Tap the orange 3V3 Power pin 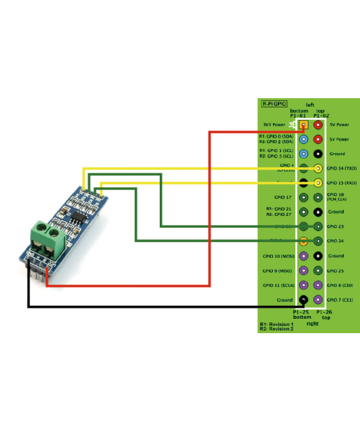303,124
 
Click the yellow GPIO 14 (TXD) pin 318,168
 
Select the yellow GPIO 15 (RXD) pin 318,183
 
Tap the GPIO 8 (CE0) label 340,285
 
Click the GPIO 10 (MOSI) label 278,256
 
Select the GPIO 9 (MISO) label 278,270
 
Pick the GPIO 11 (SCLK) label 278,285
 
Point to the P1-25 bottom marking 301,315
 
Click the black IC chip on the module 77,215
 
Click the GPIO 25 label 336,270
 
